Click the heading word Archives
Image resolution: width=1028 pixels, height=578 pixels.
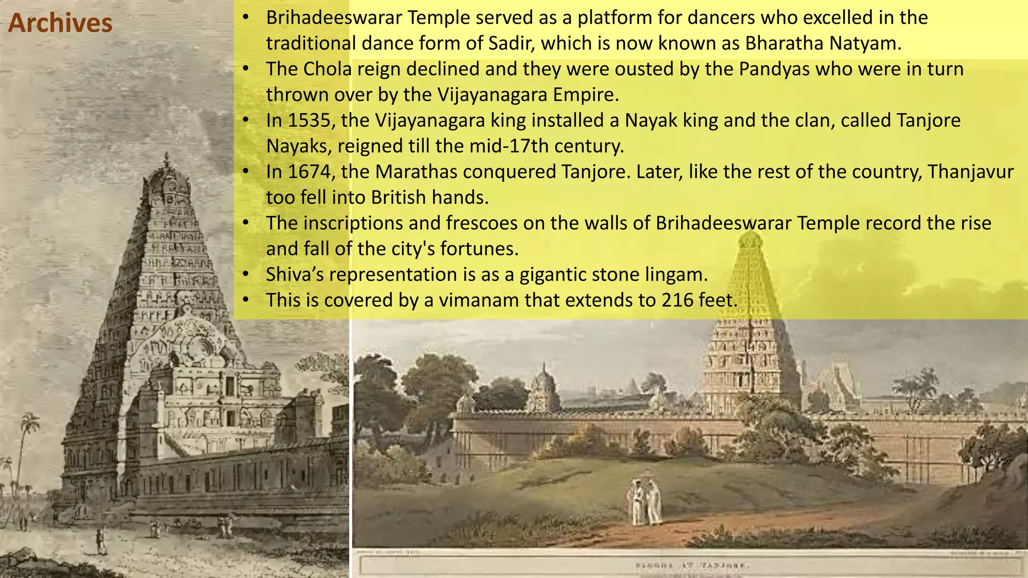[x=60, y=24]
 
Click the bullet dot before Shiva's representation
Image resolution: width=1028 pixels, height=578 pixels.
[x=245, y=274]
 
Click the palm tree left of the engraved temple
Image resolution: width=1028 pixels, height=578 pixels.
[x=28, y=431]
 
